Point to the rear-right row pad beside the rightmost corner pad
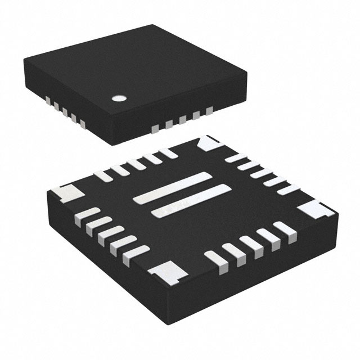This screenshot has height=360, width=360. click(x=286, y=189)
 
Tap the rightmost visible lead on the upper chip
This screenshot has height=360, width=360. click(x=211, y=111)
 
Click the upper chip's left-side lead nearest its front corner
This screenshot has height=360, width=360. click(x=82, y=122)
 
